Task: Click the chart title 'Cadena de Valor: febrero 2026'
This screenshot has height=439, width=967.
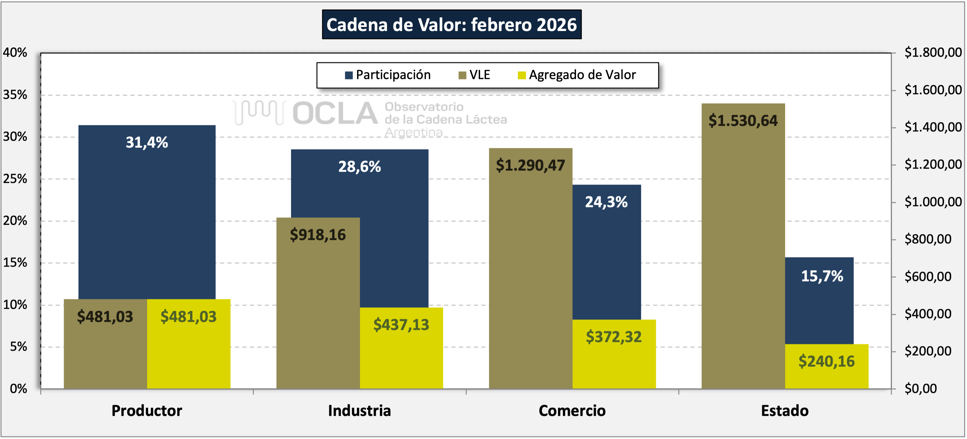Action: pos(452,25)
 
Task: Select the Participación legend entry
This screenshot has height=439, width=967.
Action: pos(388,75)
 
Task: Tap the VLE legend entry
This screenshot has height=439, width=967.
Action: pos(475,75)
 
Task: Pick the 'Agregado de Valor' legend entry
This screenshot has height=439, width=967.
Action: pos(577,75)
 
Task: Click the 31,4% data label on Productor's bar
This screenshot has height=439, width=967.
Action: pos(147,143)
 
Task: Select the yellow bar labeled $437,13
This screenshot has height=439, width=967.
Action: pos(401,353)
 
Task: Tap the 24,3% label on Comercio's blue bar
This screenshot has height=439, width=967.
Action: pos(606,202)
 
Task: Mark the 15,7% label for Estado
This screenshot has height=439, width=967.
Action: pos(822,276)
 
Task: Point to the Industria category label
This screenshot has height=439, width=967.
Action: pos(359,411)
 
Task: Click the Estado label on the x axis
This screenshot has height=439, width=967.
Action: pos(785,411)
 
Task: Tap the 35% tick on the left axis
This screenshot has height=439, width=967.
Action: pos(15,95)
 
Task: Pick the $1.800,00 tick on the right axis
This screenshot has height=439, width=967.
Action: pos(933,52)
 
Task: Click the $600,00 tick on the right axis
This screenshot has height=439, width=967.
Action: pos(928,277)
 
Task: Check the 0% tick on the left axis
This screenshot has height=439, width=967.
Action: pos(18,389)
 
